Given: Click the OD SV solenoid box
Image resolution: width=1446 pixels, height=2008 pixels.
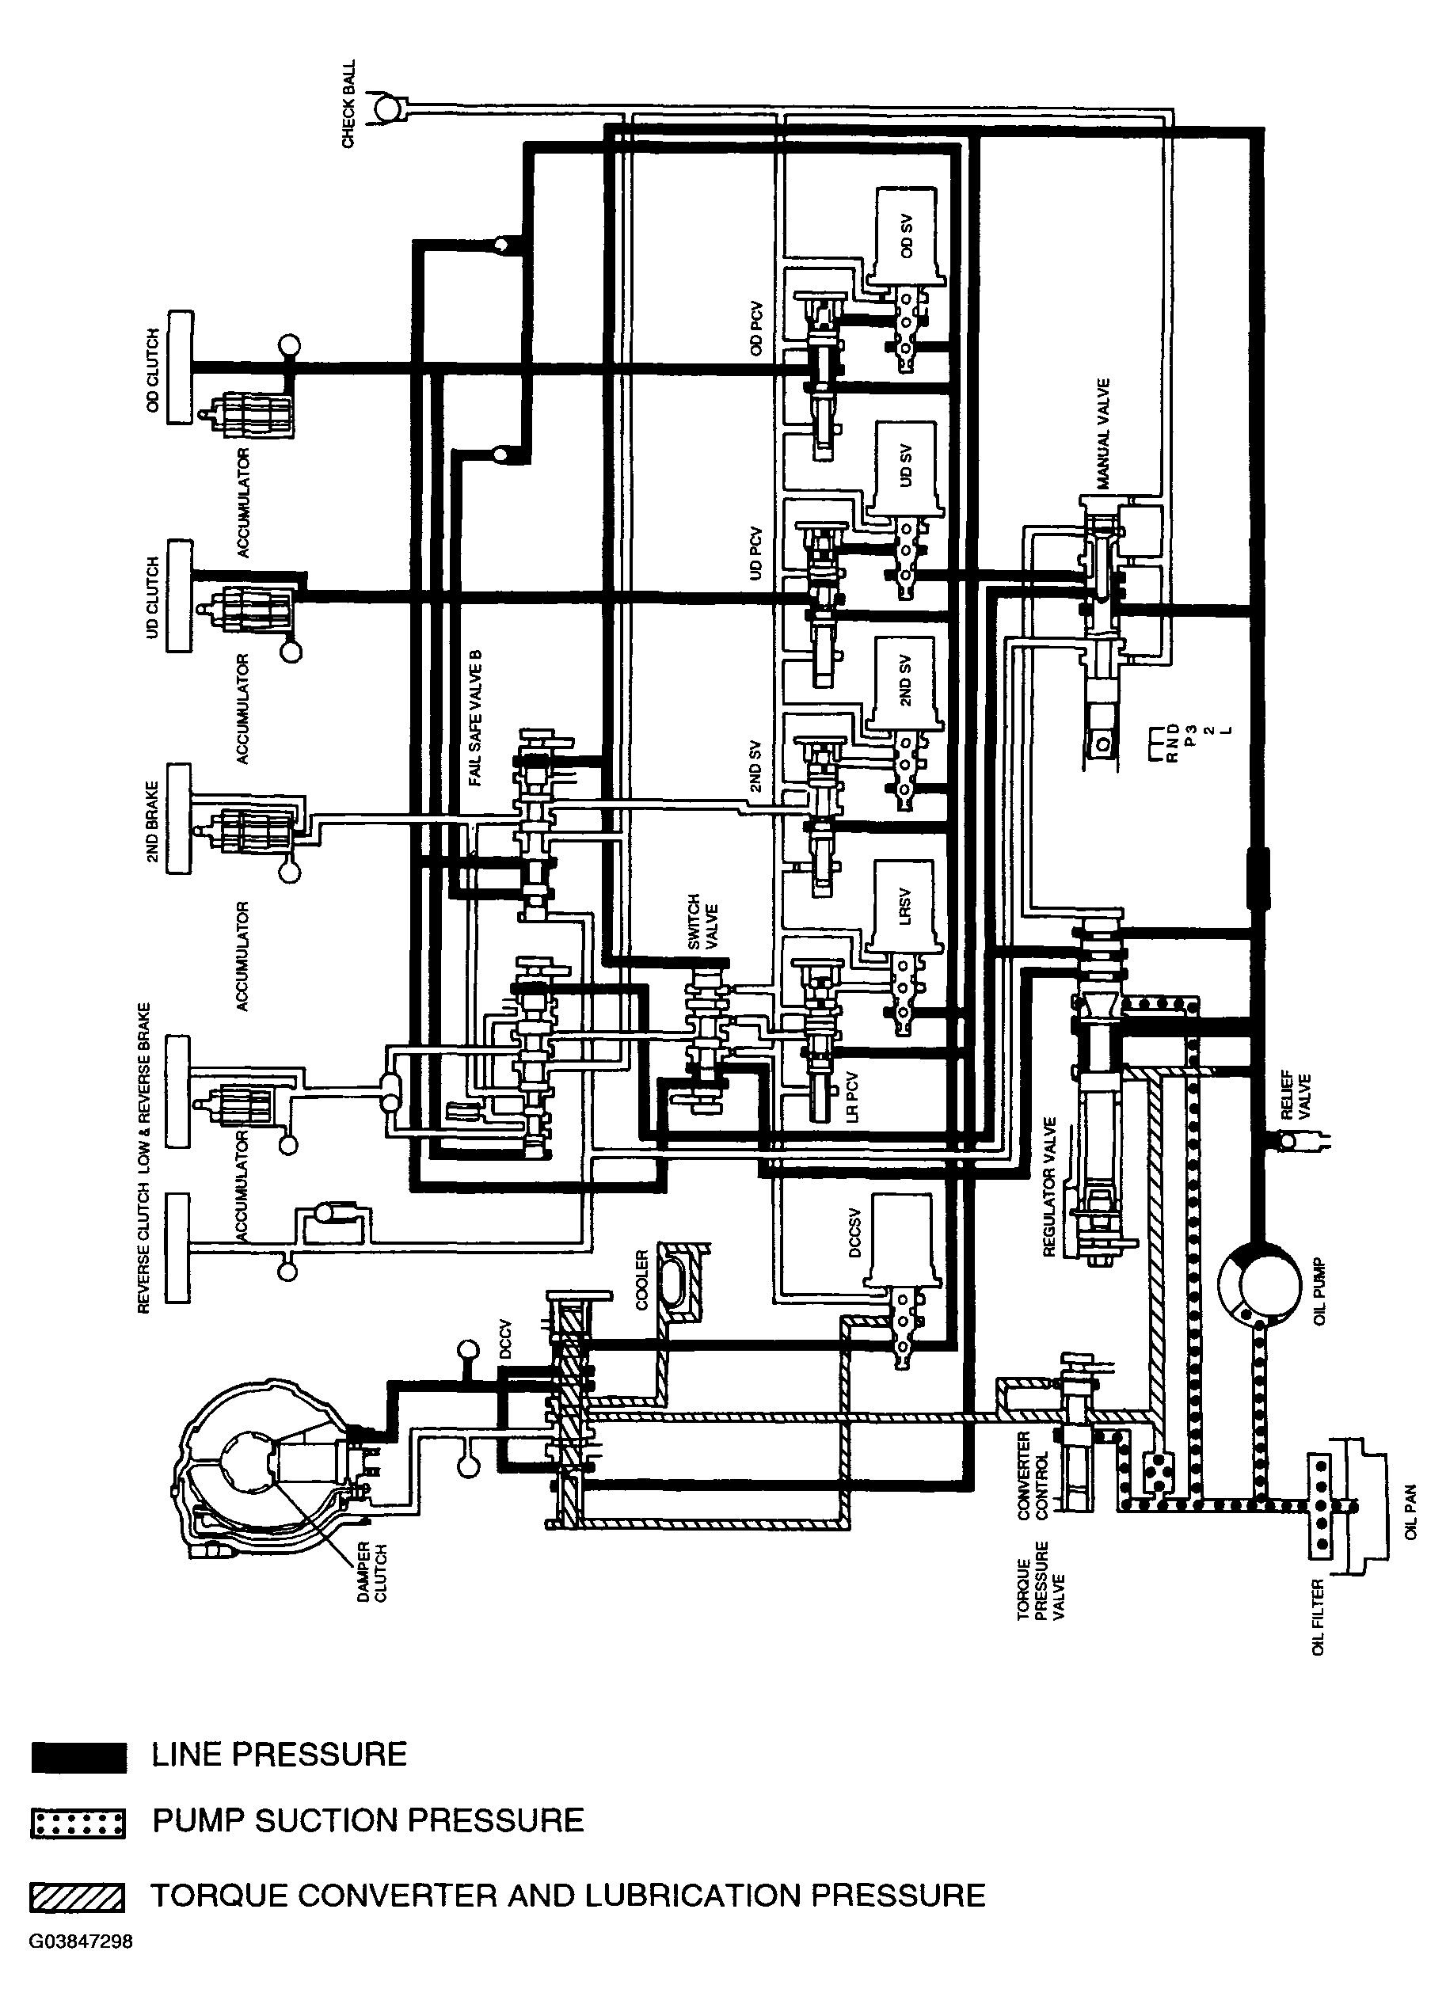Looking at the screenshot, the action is pyautogui.click(x=905, y=234).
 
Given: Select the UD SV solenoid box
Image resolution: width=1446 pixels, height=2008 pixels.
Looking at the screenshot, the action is pyautogui.click(x=905, y=470).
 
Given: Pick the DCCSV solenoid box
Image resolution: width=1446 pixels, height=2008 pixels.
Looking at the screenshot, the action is pyautogui.click(x=905, y=1239).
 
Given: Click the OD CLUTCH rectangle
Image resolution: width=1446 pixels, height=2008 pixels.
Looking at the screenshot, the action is pyautogui.click(x=180, y=367).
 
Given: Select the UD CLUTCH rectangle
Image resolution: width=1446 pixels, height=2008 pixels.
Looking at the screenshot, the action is pyautogui.click(x=180, y=595).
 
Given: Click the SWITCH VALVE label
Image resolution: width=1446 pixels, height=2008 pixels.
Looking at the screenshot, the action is pyautogui.click(x=702, y=922).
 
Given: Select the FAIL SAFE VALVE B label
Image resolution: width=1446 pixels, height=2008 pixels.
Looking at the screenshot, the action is pyautogui.click(x=477, y=718).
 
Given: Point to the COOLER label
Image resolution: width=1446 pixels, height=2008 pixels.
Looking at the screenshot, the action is pyautogui.click(x=642, y=1280).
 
